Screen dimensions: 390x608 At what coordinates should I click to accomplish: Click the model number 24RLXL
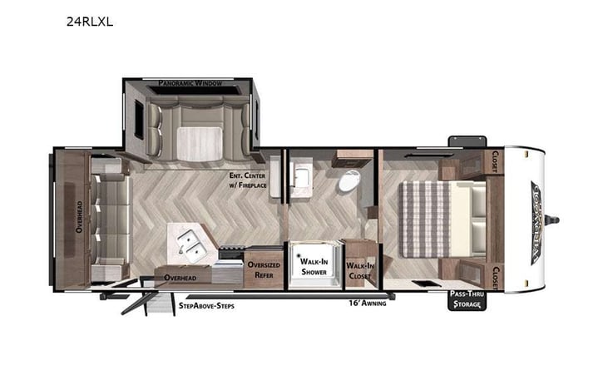(x=89, y=22)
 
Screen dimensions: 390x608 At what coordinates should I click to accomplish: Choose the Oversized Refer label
(x=264, y=269)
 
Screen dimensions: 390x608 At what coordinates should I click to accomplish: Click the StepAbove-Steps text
(x=207, y=306)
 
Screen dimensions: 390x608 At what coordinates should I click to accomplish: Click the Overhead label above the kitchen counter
(x=180, y=277)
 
